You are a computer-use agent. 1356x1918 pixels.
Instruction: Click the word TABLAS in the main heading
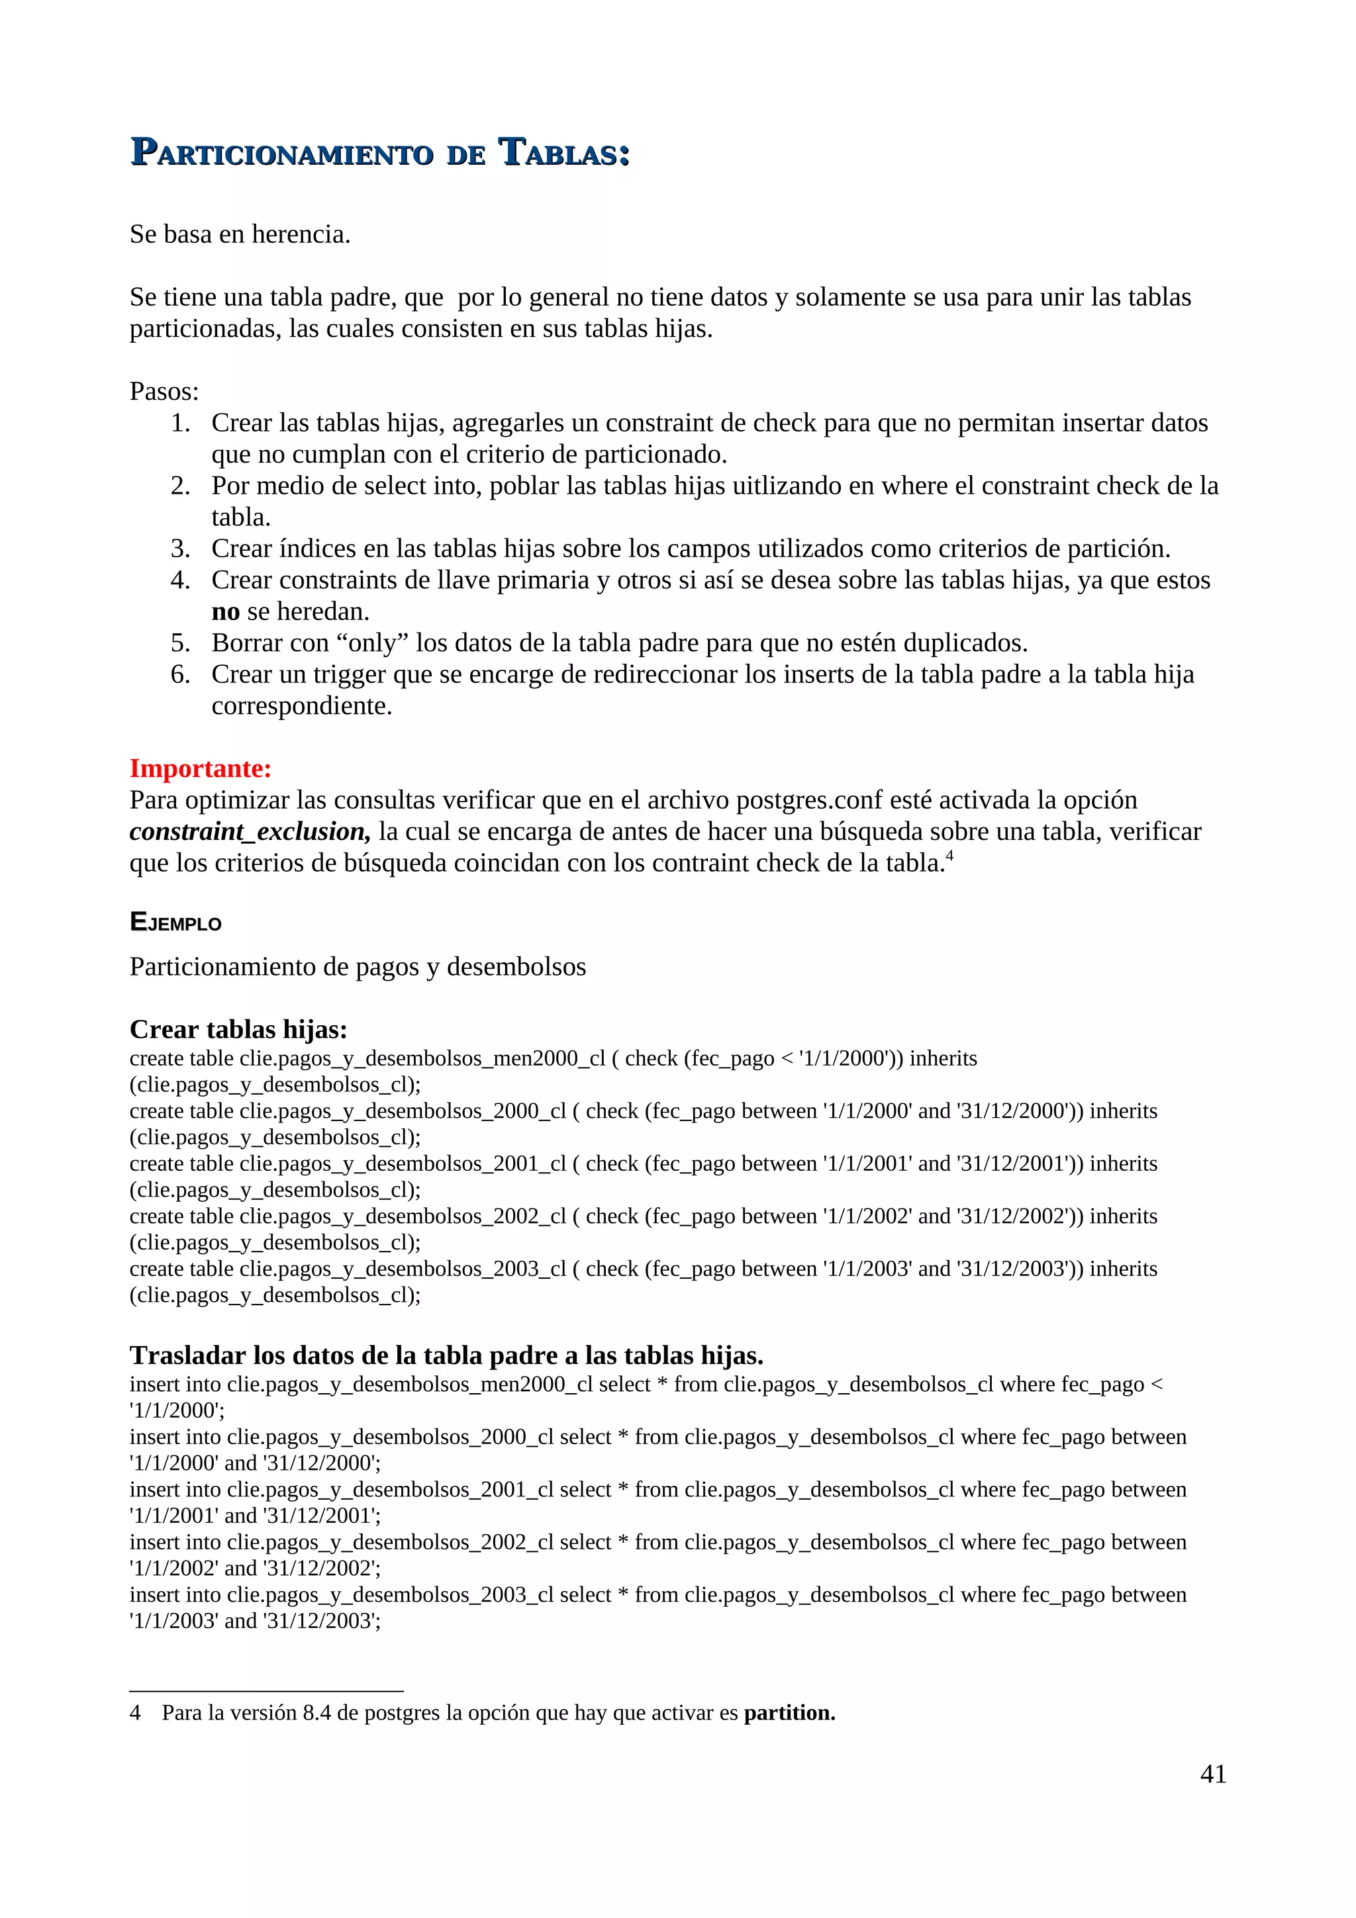[x=564, y=154]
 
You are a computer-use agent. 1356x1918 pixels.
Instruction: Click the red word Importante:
[x=201, y=768]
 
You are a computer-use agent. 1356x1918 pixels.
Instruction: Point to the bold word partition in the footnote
[x=789, y=1713]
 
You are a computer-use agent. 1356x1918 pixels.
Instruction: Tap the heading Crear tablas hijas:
[x=238, y=1029]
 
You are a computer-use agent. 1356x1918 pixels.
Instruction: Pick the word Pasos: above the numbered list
[x=164, y=391]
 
